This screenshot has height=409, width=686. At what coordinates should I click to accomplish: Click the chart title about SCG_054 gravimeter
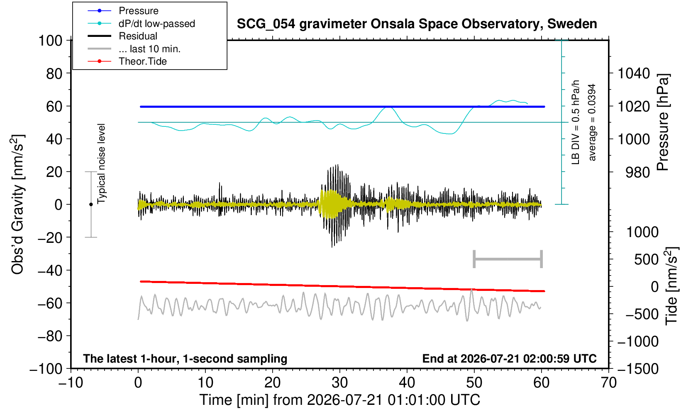pyautogui.click(x=417, y=24)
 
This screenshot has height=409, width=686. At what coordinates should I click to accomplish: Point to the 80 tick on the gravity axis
pyautogui.click(x=54, y=73)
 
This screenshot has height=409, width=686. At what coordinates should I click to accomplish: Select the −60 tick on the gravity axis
pyautogui.click(x=50, y=303)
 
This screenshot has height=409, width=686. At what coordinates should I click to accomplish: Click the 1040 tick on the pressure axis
pyautogui.click(x=634, y=73)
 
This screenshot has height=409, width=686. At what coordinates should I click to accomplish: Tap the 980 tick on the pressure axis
pyautogui.click(x=637, y=172)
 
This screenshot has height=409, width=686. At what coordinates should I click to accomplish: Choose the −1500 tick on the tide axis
pyautogui.click(x=638, y=369)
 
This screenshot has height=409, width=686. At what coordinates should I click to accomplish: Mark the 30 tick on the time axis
pyautogui.click(x=339, y=382)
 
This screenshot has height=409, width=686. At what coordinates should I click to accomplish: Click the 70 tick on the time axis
pyautogui.click(x=608, y=382)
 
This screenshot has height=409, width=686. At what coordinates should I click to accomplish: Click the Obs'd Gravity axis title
pyautogui.click(x=17, y=204)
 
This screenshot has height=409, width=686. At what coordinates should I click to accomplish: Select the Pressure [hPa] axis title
pyautogui.click(x=663, y=122)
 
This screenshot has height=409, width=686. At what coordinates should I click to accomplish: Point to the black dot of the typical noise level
pyautogui.click(x=91, y=204)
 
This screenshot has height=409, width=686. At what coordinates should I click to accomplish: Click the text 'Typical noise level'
pyautogui.click(x=101, y=164)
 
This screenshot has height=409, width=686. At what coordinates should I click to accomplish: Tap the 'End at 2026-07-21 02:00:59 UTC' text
pyautogui.click(x=509, y=358)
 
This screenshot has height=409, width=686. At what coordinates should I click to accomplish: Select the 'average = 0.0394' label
pyautogui.click(x=592, y=122)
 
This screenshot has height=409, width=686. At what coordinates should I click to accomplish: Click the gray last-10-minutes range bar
pyautogui.click(x=508, y=259)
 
